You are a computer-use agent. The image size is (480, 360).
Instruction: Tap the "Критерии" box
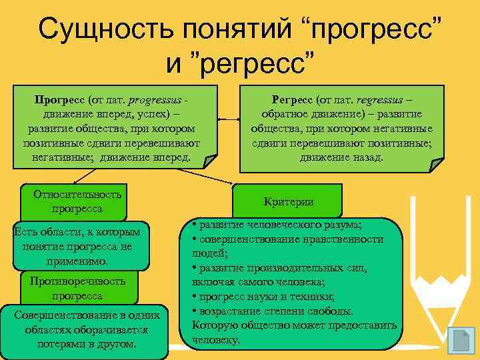coord(288,201)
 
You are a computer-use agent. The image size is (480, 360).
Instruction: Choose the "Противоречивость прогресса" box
coord(77,288)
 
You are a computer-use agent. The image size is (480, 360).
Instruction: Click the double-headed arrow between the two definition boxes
coord(229,120)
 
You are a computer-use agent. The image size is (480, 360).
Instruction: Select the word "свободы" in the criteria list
coord(331,311)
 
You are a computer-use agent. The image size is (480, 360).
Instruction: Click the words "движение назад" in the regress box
coord(341,158)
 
